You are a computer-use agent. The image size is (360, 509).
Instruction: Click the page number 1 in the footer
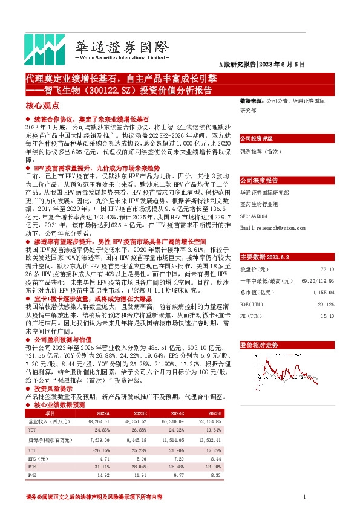303,496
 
